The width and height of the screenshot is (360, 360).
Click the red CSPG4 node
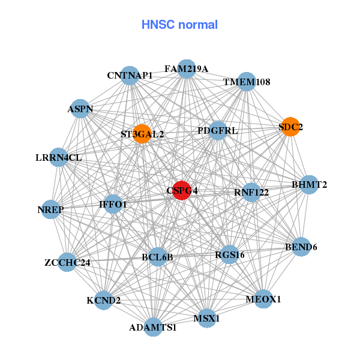pyautogui.click(x=182, y=190)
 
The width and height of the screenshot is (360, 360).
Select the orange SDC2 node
pyautogui.click(x=290, y=127)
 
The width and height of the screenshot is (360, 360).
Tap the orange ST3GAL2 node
pyautogui.click(x=142, y=134)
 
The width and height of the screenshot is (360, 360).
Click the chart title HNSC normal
pyautogui.click(x=179, y=25)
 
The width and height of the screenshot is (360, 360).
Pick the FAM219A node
pyautogui.click(x=187, y=69)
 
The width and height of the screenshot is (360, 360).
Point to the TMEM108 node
pyautogui.click(x=247, y=82)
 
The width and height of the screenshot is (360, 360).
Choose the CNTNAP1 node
pyautogui.click(x=130, y=76)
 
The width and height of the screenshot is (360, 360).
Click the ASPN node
pyautogui.click(x=80, y=109)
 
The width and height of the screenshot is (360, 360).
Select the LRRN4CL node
pyautogui.click(x=59, y=158)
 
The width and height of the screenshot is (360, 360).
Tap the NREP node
pyautogui.click(x=51, y=210)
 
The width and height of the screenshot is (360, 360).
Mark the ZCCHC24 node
pyautogui.click(x=67, y=262)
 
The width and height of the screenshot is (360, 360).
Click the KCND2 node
pyautogui.click(x=104, y=300)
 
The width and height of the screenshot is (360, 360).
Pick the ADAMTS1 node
pyautogui.click(x=153, y=327)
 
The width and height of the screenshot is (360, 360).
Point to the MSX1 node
pyautogui.click(x=206, y=318)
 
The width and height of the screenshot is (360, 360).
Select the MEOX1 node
pyautogui.click(x=263, y=298)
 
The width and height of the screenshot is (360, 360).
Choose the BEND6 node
pyautogui.click(x=301, y=247)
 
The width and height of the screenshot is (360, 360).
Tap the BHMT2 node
pyautogui.click(x=310, y=184)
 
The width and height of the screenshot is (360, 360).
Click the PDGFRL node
pyautogui.click(x=218, y=130)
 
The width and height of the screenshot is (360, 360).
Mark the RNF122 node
pyautogui.click(x=252, y=192)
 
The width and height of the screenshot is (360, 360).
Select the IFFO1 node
pyautogui.click(x=113, y=204)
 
